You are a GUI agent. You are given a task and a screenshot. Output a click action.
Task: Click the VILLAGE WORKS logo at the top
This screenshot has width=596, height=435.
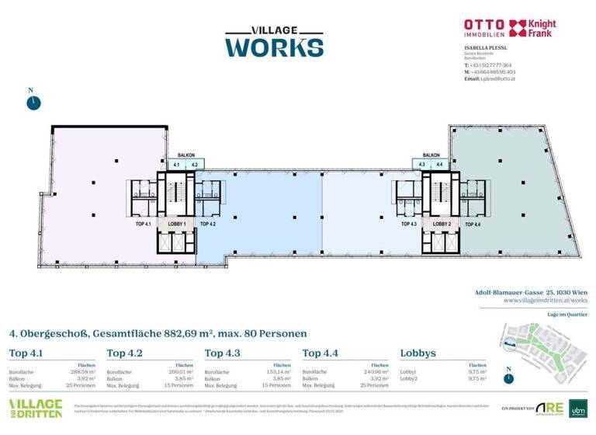274,41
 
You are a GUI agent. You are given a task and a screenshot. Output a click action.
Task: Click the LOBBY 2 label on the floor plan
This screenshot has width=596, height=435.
442,224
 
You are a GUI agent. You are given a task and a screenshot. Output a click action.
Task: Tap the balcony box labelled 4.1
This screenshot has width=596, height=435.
177,165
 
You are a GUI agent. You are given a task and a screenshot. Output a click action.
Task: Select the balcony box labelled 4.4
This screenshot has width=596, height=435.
440,165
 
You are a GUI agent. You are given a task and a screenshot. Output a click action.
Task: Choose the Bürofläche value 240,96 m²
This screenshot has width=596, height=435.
375,372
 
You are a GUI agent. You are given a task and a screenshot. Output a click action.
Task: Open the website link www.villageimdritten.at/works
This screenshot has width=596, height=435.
545,299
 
